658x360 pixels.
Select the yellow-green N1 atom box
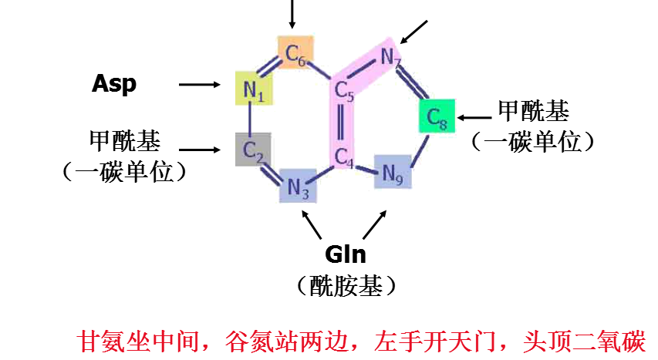(253, 90)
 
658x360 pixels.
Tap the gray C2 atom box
(253, 150)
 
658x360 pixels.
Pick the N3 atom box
(298, 186)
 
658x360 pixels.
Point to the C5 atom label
(344, 93)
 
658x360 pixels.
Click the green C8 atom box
(437, 117)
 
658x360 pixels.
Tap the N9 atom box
(393, 173)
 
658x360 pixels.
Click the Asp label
(114, 83)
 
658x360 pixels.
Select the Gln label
(345, 254)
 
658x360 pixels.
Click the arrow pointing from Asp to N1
(199, 84)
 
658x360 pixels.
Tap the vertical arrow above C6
(292, 14)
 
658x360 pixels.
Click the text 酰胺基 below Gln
(346, 286)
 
